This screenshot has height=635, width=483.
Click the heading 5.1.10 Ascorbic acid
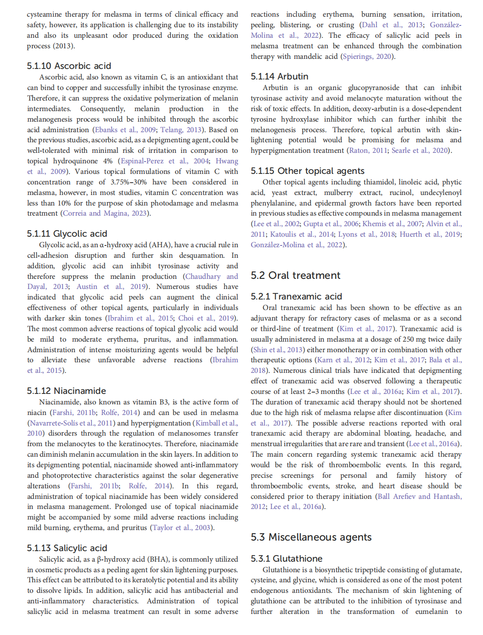click(x=69, y=66)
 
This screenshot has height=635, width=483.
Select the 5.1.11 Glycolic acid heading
click(x=67, y=234)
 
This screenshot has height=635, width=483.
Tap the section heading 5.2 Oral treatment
click(x=296, y=275)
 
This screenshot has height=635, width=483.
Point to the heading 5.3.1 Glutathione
click(x=286, y=559)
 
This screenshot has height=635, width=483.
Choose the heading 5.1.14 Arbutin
click(x=279, y=76)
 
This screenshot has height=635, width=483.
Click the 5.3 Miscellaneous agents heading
click(x=311, y=537)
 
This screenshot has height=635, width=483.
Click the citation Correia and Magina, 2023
click(x=105, y=213)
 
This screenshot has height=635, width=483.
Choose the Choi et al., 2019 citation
click(x=206, y=318)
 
